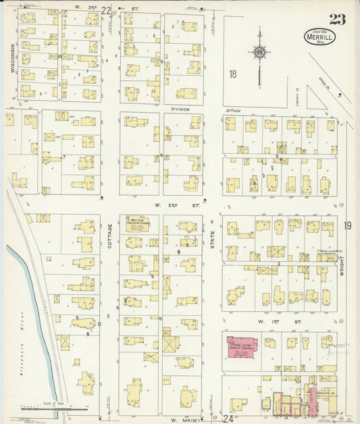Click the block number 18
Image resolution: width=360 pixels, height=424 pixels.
tap(233, 74)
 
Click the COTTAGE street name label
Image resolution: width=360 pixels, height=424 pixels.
tap(110, 236)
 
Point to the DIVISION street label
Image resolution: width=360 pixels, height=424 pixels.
tap(180, 109)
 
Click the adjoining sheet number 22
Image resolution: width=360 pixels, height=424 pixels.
tap(105, 9)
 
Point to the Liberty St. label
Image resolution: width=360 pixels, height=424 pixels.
tap(297, 86)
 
